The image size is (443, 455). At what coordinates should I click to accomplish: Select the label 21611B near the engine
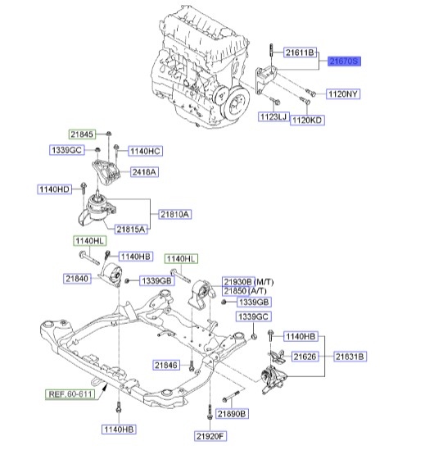click(299, 52)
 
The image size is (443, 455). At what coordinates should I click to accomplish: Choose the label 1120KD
click(306, 120)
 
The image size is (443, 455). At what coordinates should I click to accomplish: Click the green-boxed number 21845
click(82, 134)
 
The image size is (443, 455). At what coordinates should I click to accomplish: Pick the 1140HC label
click(144, 152)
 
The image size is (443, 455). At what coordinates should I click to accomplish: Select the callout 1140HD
click(54, 189)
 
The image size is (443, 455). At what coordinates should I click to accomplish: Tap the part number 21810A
click(173, 214)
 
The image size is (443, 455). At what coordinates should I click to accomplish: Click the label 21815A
click(131, 230)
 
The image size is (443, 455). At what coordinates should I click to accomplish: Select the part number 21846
click(166, 365)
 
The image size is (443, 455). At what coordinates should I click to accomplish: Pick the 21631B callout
click(349, 357)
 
